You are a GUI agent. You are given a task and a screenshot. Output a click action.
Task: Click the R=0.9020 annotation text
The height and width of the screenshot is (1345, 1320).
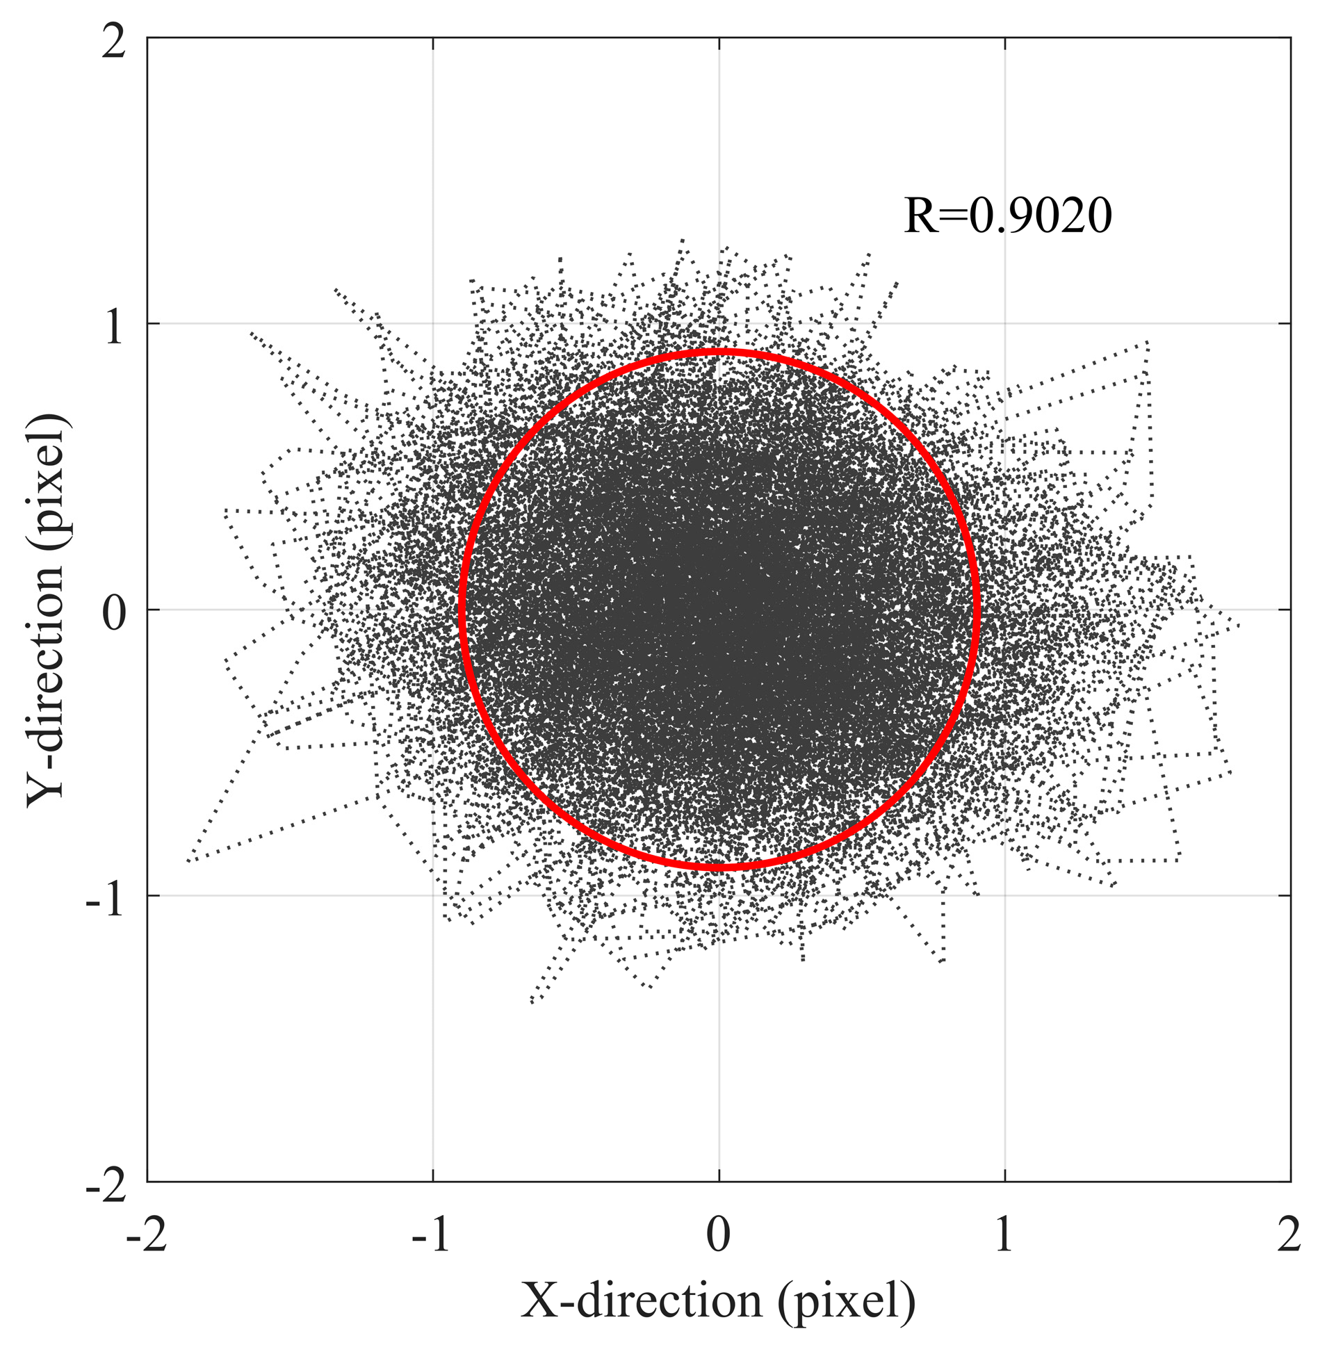pos(1007,215)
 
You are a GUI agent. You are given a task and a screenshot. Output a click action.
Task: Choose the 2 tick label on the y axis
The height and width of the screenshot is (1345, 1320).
pos(113,43)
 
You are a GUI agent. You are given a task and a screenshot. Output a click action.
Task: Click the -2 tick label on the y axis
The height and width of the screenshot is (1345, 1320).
pos(105,1186)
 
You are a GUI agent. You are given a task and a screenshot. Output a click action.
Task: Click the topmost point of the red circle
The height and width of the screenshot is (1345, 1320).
pos(719,352)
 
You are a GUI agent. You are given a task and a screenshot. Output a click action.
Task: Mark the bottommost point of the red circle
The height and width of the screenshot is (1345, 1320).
pos(719,866)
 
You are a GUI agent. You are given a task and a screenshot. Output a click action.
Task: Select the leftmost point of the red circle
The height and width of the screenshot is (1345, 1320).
pos(462,610)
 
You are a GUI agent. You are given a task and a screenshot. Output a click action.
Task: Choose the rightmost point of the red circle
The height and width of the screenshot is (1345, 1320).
pos(977,610)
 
